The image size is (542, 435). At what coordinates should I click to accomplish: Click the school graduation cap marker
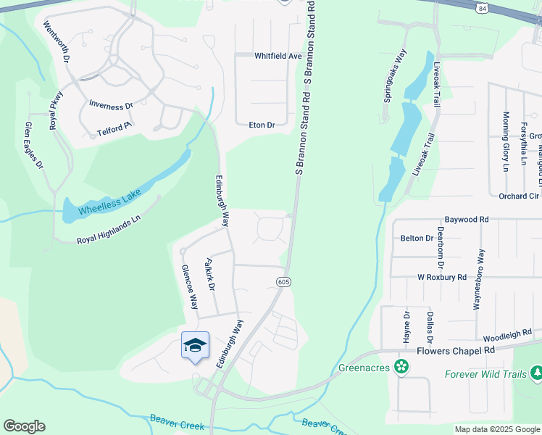tap(195, 345)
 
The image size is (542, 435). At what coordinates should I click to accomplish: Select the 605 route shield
tap(283, 281)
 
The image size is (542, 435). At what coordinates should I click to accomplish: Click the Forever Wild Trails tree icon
tap(536, 373)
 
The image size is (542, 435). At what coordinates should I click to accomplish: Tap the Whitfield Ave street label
tap(278, 56)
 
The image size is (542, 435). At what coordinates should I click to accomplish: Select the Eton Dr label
tap(262, 125)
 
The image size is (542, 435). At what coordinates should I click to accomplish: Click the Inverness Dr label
tap(111, 104)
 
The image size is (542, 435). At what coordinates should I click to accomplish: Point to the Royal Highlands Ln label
tap(108, 229)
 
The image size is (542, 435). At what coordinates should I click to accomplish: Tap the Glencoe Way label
tap(189, 286)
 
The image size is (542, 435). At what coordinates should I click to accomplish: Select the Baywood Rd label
tap(467, 219)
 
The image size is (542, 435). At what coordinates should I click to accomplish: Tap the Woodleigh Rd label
tap(507, 336)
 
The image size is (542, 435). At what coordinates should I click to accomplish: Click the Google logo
tap(25, 426)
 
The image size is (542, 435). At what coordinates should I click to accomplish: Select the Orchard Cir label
tap(519, 196)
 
